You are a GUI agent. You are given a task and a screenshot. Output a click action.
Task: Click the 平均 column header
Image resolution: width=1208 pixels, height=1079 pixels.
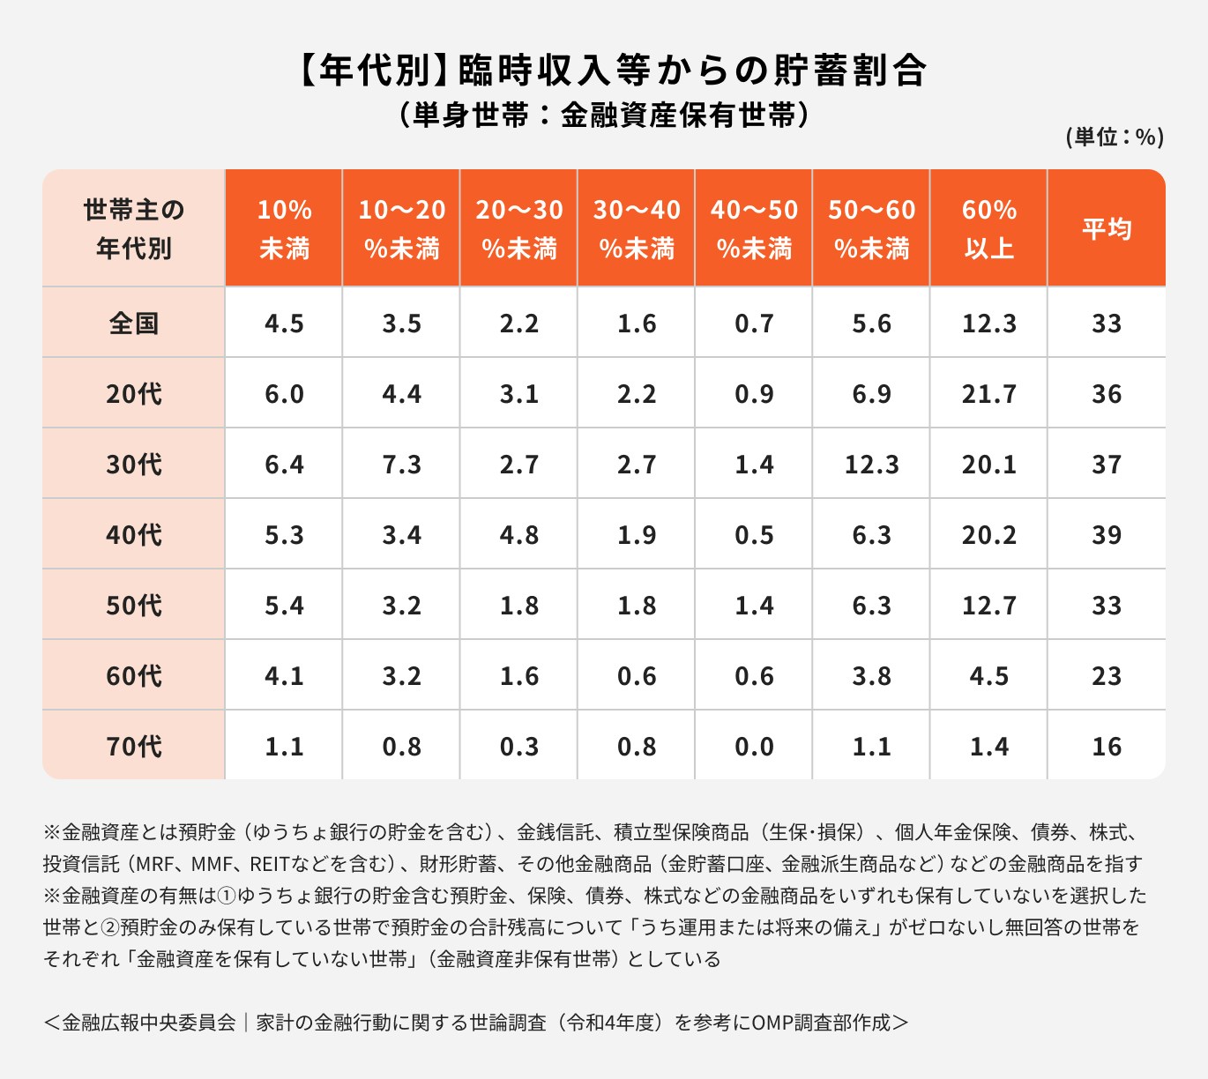click(1107, 229)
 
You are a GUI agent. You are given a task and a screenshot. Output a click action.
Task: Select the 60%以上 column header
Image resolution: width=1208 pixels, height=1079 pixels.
click(988, 229)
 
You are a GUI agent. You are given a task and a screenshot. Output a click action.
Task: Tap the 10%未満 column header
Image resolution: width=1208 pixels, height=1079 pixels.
click(284, 229)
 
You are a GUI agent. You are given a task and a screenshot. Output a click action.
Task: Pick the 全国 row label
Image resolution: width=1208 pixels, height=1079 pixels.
click(134, 323)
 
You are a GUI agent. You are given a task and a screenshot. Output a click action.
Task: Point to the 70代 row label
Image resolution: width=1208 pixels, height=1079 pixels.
click(134, 746)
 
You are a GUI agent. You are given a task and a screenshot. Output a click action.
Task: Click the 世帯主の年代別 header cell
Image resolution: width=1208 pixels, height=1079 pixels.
click(134, 229)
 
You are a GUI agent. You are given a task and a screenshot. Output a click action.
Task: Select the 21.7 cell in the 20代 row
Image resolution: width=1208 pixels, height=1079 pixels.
click(988, 393)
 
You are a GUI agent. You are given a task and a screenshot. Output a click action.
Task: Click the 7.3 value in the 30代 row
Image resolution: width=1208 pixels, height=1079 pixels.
click(401, 464)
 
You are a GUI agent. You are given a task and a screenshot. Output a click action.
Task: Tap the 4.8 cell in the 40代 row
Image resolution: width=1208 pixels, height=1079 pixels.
click(518, 534)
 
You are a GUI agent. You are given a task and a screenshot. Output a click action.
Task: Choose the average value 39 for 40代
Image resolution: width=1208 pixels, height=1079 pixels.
click(1107, 534)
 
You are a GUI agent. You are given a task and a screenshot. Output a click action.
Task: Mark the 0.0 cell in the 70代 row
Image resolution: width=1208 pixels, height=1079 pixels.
click(754, 746)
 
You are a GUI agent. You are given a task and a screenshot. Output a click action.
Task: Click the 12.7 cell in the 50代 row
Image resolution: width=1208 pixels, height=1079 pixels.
click(988, 605)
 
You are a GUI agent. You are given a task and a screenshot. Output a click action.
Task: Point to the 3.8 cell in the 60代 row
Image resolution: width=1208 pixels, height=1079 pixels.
click(871, 675)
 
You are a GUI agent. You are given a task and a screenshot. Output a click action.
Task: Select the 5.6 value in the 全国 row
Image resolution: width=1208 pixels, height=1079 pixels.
click(871, 323)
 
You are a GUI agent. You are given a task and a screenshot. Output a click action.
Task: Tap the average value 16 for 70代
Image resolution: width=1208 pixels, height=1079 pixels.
click(1107, 746)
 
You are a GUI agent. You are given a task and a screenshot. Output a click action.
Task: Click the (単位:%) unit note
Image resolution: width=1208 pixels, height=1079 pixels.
click(1115, 137)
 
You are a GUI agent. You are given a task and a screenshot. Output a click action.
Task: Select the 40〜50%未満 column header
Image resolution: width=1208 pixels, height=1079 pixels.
click(754, 229)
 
